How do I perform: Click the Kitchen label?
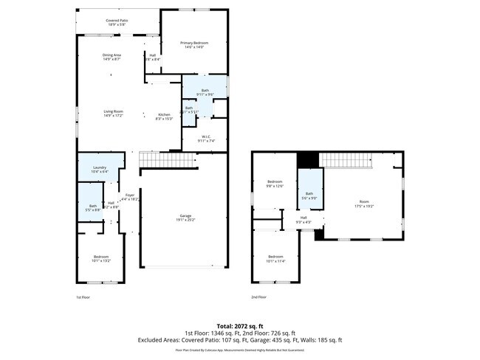click(164, 116)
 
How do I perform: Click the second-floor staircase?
click(346, 159)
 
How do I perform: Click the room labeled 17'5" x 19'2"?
click(363, 204)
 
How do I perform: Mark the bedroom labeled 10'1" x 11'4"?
click(275, 259)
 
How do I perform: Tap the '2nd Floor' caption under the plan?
click(258, 297)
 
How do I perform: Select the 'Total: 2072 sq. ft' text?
click(239, 325)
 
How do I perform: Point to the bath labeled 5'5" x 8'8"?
click(93, 208)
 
